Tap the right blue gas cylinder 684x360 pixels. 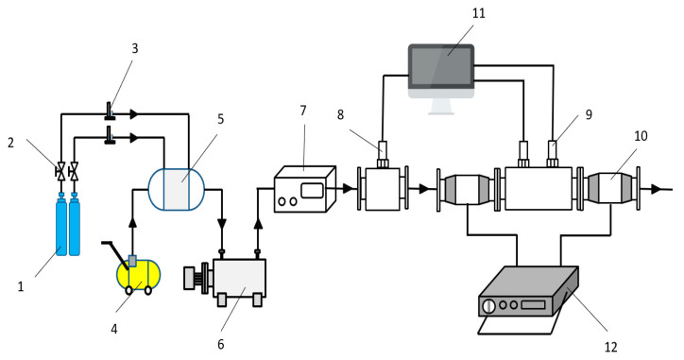tap(77, 227)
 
